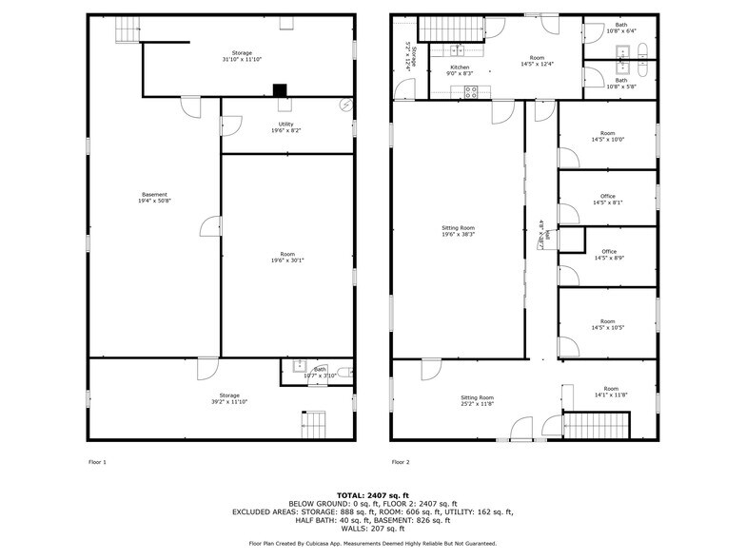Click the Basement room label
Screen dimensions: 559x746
[154, 198]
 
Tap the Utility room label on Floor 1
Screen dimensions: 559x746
[285, 127]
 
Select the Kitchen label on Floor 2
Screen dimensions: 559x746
[460, 71]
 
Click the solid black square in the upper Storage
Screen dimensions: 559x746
[279, 90]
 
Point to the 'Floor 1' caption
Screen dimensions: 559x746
[97, 462]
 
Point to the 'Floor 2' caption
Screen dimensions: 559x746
[401, 462]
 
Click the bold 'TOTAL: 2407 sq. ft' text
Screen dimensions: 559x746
[372, 495]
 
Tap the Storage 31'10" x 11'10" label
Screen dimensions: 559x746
[242, 56]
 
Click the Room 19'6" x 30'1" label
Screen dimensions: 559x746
[286, 257]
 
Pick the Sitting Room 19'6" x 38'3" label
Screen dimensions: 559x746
[459, 231]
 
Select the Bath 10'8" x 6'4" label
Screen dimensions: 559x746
[620, 29]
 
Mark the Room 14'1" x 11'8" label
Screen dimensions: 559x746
[610, 391]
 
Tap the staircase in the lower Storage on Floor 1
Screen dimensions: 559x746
[314, 424]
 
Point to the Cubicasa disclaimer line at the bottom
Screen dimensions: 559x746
[372, 543]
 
